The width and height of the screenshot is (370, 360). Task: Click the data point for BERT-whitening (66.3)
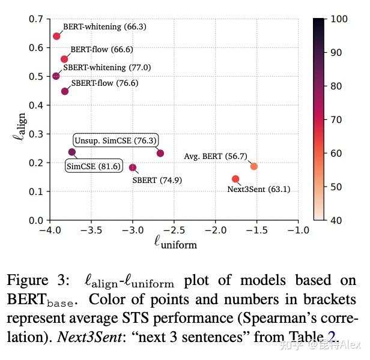56,36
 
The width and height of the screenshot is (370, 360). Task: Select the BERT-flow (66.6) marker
64,59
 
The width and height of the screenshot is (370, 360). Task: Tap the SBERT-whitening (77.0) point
56,76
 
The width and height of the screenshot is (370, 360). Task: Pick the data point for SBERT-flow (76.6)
65,91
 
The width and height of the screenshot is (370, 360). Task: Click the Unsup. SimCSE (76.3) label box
116,140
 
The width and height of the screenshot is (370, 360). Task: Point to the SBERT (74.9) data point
133,167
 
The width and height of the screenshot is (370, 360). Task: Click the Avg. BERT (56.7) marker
254,166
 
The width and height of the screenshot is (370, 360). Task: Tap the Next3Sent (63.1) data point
235,179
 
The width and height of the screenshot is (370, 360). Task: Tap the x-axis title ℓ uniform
175,242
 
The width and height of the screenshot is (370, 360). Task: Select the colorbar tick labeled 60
336,154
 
